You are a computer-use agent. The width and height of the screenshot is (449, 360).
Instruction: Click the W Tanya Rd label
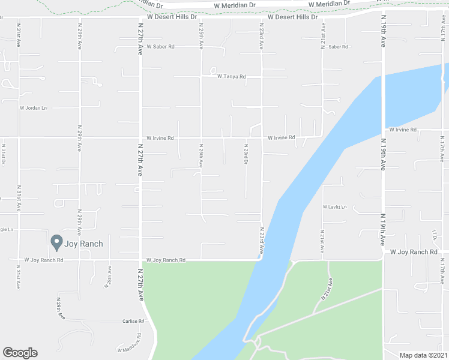[x=232, y=77]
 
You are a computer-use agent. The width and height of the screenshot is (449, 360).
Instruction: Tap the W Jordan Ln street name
[x=33, y=108]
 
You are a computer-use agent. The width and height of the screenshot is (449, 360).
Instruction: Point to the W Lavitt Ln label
[x=334, y=207]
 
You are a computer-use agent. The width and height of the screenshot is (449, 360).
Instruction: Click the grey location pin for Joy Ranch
[x=57, y=242]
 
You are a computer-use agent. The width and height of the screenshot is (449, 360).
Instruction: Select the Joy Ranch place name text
[x=84, y=244]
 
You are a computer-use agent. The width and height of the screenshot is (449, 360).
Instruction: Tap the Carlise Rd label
[x=133, y=321]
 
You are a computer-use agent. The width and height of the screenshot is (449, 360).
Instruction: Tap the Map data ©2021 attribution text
[x=423, y=355]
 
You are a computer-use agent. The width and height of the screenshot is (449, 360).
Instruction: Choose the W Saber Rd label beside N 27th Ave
[x=160, y=46]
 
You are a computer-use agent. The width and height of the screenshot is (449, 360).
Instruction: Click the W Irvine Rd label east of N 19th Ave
[x=402, y=130]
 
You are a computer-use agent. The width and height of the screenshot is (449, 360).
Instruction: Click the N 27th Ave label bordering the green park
[x=140, y=288]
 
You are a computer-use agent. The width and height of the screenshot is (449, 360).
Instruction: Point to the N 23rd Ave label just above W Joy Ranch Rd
[x=262, y=239]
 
